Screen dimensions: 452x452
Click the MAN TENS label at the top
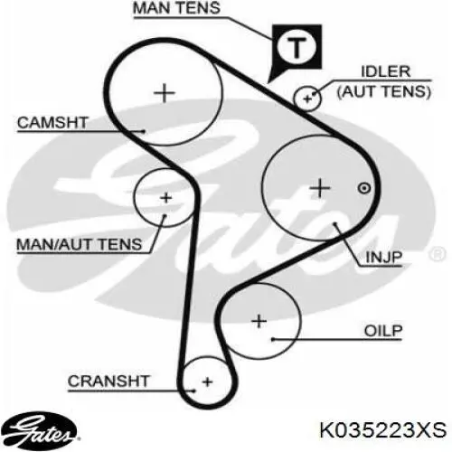click(x=176, y=8)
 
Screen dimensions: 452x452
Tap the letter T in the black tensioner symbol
click(x=297, y=47)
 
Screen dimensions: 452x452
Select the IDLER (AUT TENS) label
click(x=384, y=82)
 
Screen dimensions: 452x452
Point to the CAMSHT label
click(x=52, y=123)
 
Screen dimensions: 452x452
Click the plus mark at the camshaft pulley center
click(x=165, y=93)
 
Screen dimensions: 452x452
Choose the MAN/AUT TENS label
click(x=80, y=244)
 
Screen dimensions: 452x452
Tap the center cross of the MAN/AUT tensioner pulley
click(x=165, y=198)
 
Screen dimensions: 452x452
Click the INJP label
click(x=383, y=258)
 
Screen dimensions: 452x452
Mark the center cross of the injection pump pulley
click(x=320, y=188)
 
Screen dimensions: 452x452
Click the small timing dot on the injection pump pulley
click(x=364, y=189)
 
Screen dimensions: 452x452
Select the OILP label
click(x=383, y=331)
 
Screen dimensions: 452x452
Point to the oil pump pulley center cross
click(x=259, y=321)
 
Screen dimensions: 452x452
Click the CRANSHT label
click(x=108, y=381)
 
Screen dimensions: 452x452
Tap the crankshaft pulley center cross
click(x=208, y=382)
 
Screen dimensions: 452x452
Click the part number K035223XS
click(x=382, y=430)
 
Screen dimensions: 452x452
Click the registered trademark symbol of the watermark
click(x=437, y=254)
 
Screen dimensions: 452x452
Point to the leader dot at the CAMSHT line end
click(x=144, y=131)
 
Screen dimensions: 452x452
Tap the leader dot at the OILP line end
click(x=273, y=340)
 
